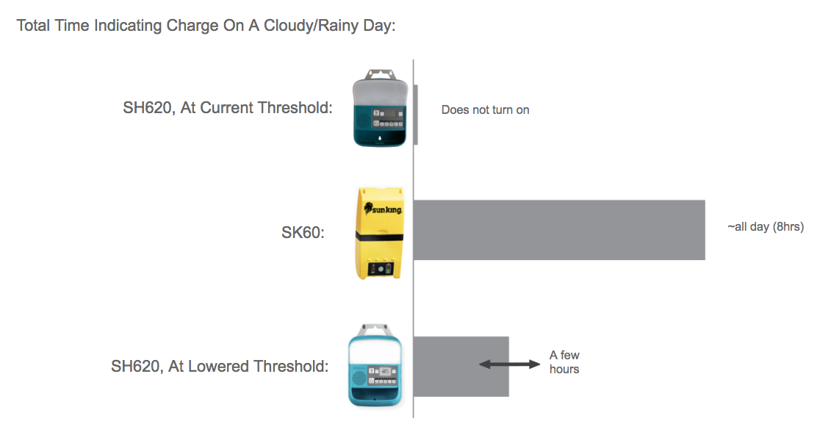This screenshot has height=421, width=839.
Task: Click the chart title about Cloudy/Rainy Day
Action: coord(206,26)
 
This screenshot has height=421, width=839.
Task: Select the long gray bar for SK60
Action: coord(558,229)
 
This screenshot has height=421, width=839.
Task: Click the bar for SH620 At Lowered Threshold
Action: coord(461,366)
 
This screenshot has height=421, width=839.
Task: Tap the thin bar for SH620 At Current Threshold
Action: coord(416,114)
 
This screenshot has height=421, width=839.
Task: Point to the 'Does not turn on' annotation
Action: coord(485,110)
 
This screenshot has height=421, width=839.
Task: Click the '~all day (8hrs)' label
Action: coord(766,227)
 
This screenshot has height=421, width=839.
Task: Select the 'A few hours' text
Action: coord(564,362)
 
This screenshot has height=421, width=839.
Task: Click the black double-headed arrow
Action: coord(509,364)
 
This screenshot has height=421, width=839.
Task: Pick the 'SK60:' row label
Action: coord(303,233)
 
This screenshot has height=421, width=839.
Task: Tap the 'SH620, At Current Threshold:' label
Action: coord(228,108)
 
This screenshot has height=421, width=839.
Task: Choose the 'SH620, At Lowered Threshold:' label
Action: coord(220,366)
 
